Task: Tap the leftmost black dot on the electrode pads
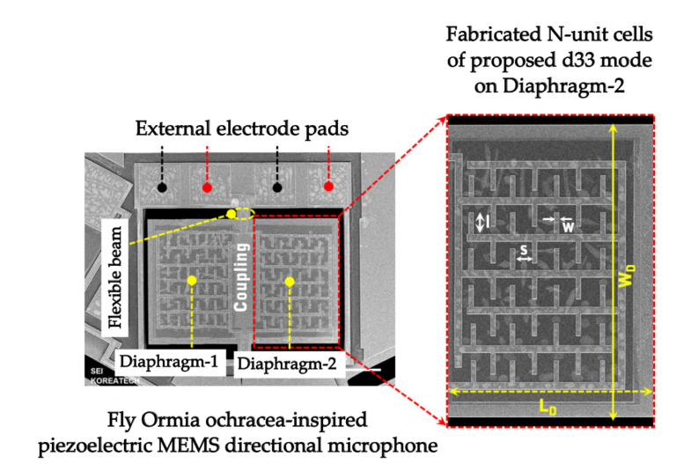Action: coord(162,188)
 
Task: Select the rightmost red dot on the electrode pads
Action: coord(328,187)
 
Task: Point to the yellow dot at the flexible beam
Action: coord(231,213)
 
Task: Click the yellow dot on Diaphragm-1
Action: coord(191,281)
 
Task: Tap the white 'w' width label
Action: coord(569,226)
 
